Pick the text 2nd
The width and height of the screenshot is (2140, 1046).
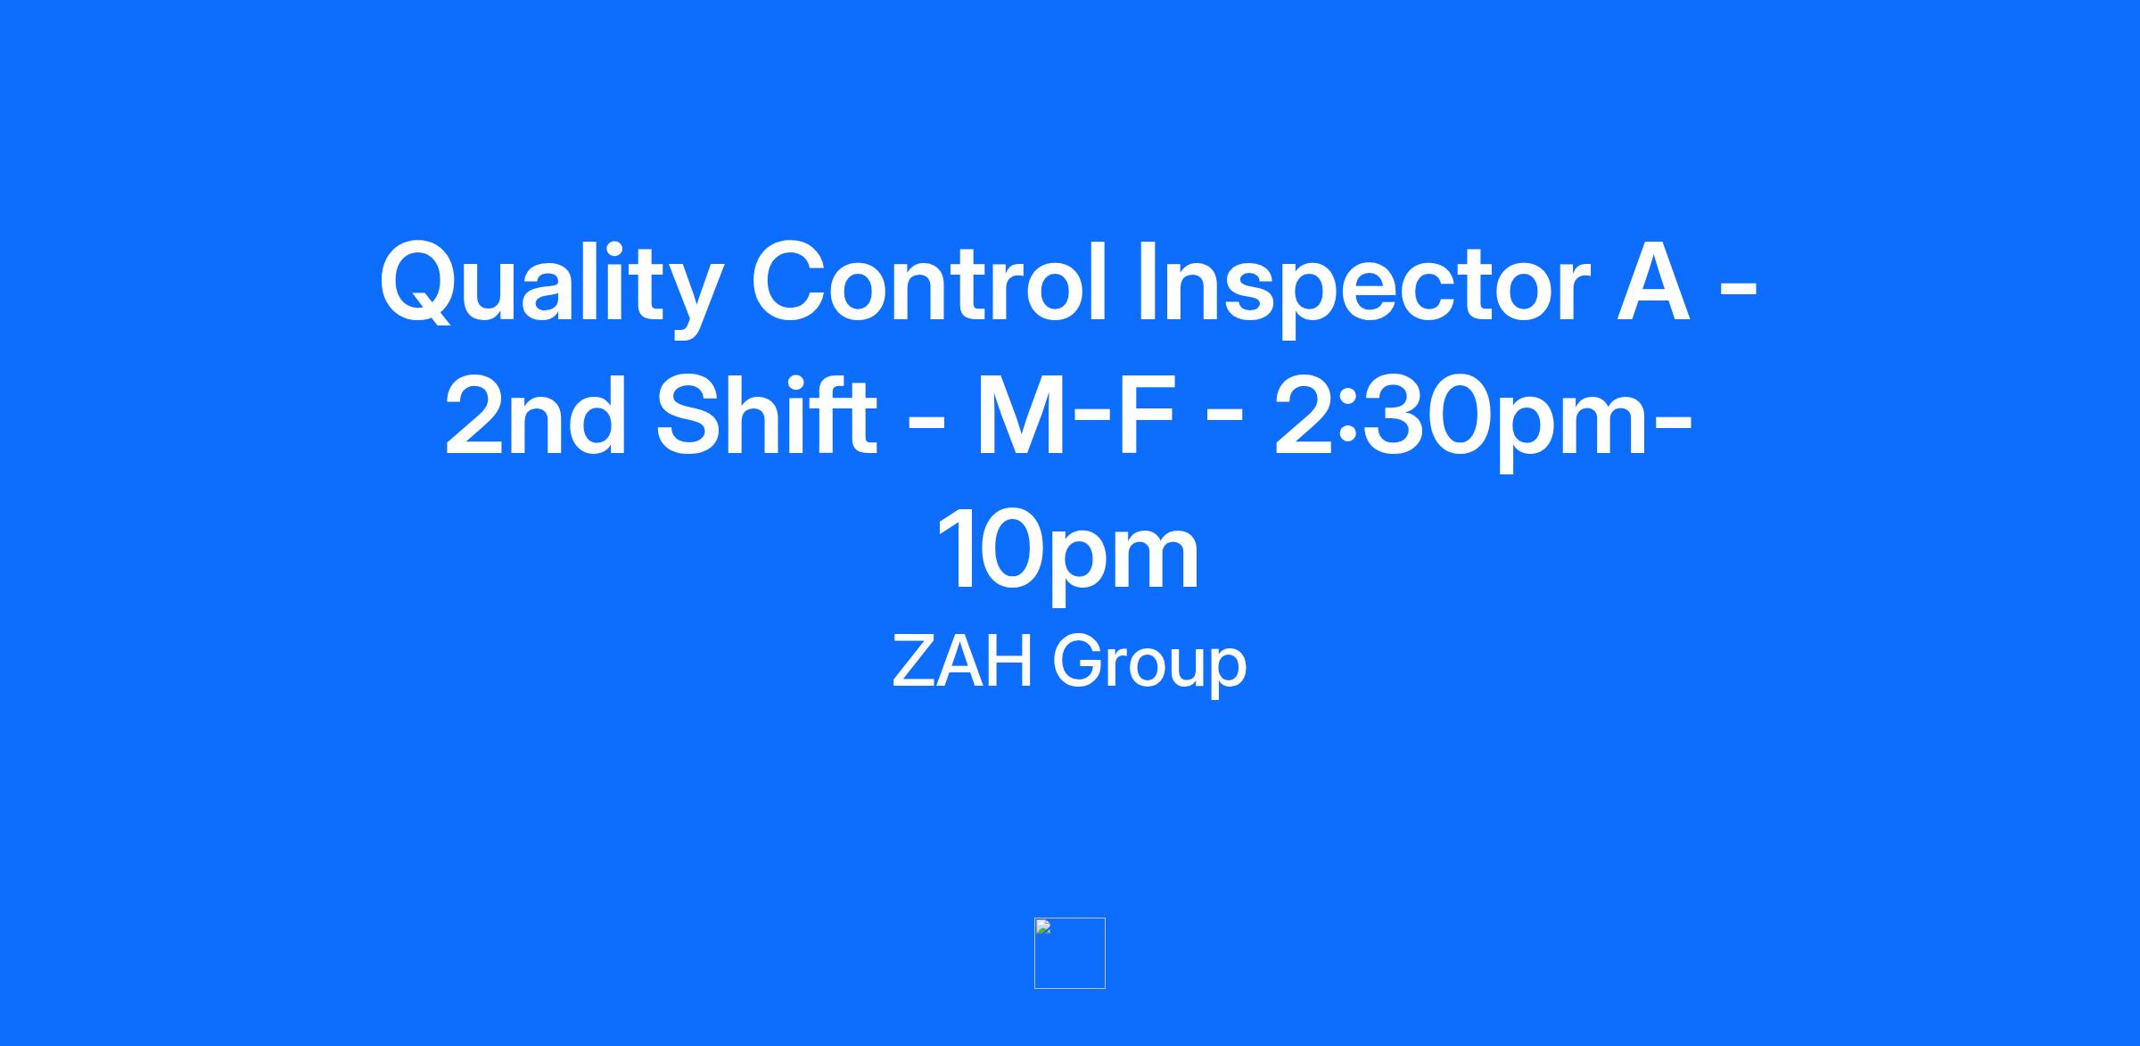535,416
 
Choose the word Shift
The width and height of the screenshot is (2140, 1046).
768,416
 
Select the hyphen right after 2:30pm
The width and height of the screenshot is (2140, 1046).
1674,425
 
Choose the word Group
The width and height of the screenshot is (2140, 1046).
1149,665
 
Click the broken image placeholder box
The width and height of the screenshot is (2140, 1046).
1070,953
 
